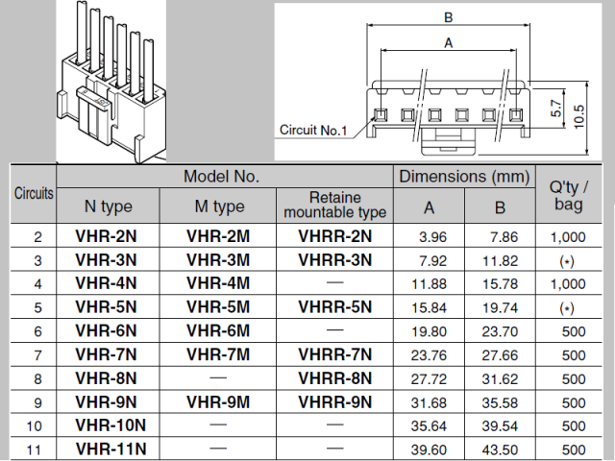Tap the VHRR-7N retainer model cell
point(334,354)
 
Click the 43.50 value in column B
point(500,448)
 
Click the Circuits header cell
point(34,193)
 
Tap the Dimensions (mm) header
point(464,177)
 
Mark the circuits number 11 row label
point(37,448)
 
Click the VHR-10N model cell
point(110,424)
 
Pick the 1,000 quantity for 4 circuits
point(567,283)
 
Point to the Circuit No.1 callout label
point(312,130)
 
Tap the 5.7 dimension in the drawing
point(556,108)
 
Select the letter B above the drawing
point(448,16)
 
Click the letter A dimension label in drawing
point(448,42)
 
